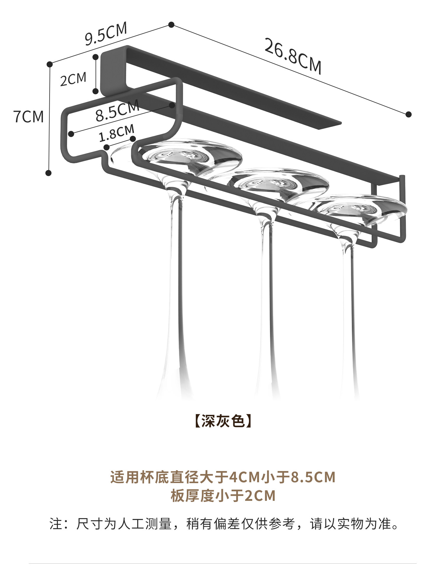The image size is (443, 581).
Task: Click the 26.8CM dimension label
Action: coord(292,56)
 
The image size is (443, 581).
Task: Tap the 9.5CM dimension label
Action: coord(106,34)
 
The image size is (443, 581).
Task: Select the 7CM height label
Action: coord(29,116)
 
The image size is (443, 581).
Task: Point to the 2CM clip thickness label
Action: coord(73,79)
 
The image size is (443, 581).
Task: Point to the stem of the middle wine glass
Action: coord(266,280)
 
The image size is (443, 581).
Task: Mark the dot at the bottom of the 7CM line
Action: coord(49,173)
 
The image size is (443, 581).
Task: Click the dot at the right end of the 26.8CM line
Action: coord(408,114)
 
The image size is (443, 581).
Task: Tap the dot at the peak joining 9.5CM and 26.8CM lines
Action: coord(171,25)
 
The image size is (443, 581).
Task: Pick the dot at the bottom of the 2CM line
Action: coord(95,91)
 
